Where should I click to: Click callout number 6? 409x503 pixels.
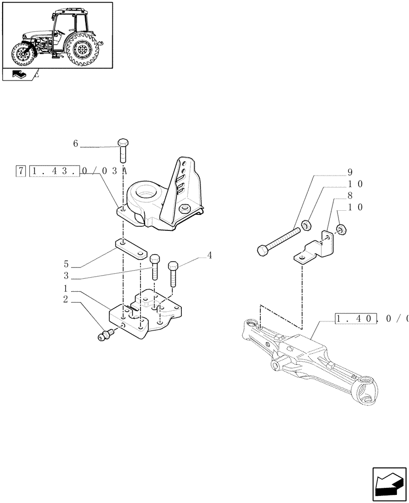pyautogui.click(x=76, y=144)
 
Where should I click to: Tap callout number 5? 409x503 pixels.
pyautogui.click(x=66, y=264)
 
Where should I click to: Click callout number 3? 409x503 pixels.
pyautogui.click(x=66, y=276)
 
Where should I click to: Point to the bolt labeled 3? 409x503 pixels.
pyautogui.click(x=155, y=266)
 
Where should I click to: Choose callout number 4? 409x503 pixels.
pyautogui.click(x=209, y=256)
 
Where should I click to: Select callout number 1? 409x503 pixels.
pyautogui.click(x=66, y=289)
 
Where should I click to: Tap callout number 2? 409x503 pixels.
pyautogui.click(x=66, y=300)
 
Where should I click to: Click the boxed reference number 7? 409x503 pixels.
pyautogui.click(x=21, y=171)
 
